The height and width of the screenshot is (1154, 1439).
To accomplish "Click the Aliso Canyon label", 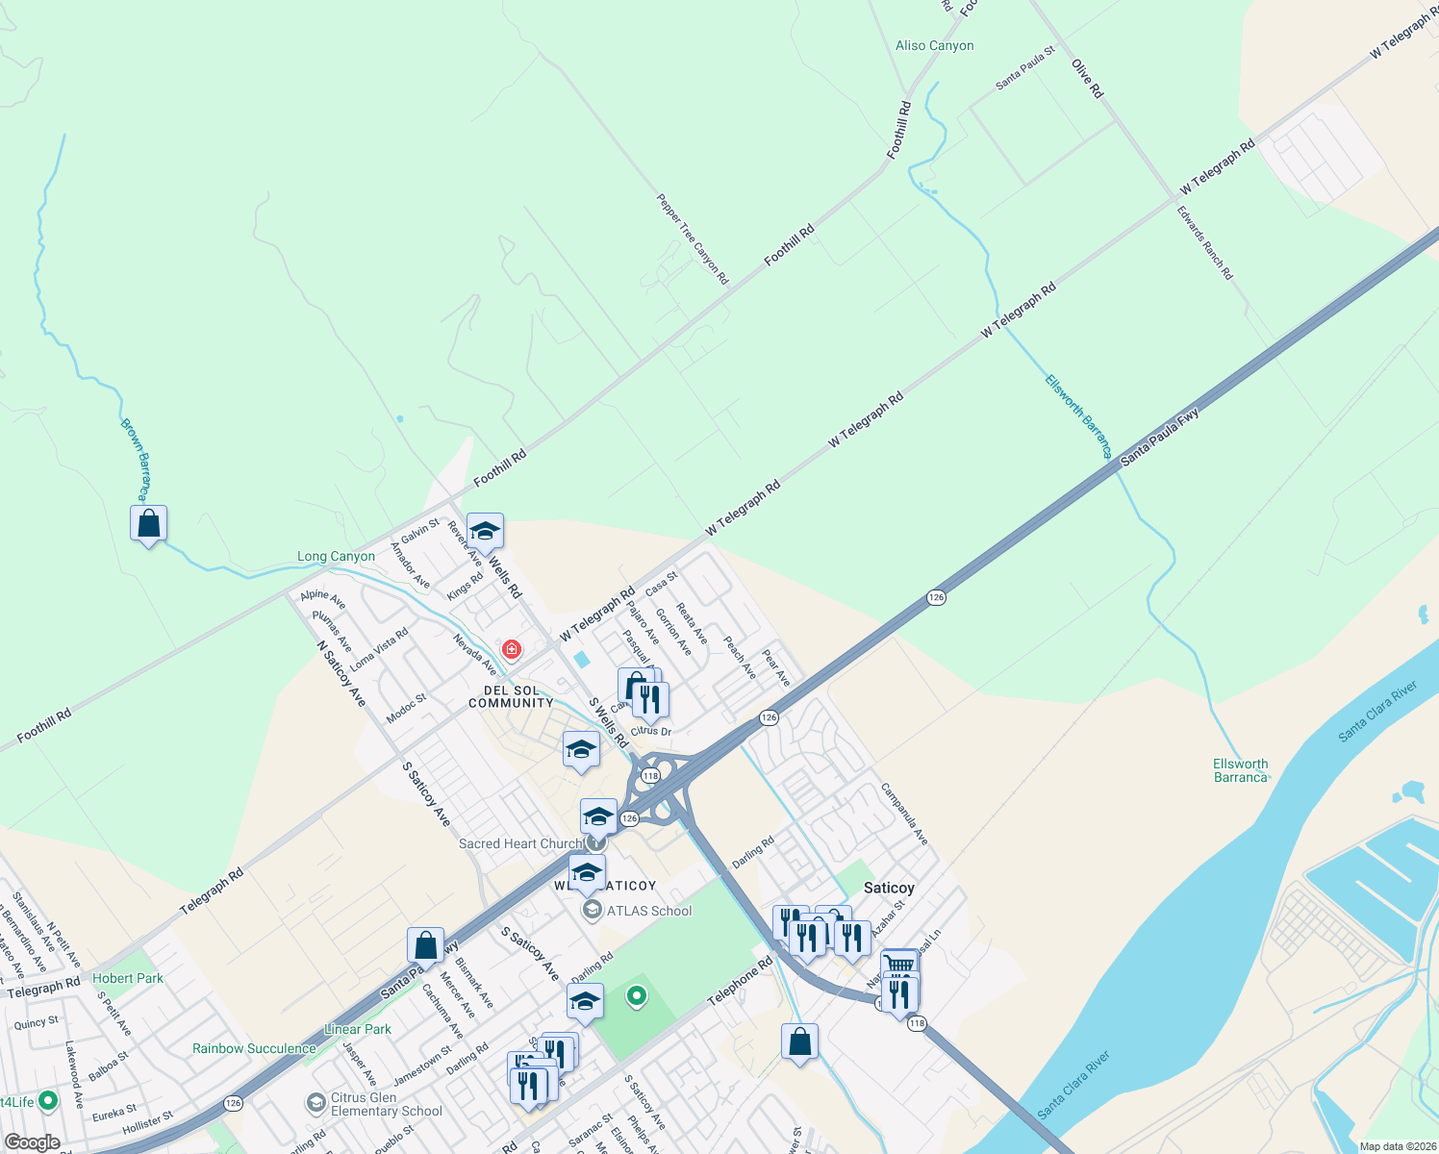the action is point(934,45).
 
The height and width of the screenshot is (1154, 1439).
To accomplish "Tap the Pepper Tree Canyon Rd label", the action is point(693,238).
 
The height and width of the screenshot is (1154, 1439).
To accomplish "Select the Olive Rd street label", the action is point(1088,78).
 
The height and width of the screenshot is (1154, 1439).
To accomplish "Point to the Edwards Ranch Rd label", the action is point(1205,242).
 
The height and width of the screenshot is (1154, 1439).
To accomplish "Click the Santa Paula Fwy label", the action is point(1160,438).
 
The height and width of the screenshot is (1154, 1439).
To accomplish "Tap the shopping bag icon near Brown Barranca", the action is point(149,524).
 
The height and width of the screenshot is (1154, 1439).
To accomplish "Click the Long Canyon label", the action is point(336,556).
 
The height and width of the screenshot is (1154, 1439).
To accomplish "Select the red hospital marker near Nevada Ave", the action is point(512,650).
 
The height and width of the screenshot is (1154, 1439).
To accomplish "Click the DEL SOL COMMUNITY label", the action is point(511,696).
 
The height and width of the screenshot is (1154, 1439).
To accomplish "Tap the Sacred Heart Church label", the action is point(520,843).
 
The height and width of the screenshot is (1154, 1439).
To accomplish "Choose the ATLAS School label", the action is point(648,911).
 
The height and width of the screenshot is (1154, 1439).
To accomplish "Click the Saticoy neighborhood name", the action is point(889,888).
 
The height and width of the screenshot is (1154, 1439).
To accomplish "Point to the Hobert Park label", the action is point(128,978).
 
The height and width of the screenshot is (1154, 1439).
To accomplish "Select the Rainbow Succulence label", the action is point(254,1048).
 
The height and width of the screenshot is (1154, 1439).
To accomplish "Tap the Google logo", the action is point(32,1142).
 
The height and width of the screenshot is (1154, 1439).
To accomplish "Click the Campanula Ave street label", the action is point(904,815).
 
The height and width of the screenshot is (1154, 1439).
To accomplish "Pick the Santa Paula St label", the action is point(1024,68).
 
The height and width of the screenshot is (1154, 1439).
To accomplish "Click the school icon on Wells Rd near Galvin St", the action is point(485,531).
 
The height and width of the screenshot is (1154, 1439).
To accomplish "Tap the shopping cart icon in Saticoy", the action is point(899,965).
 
